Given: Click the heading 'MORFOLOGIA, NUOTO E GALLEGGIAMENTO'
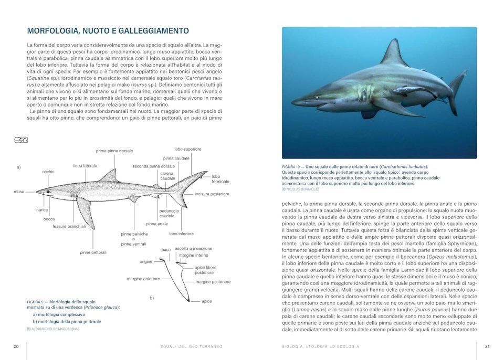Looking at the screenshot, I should [x=108, y=31].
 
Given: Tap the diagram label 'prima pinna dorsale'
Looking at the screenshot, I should [x=114, y=151].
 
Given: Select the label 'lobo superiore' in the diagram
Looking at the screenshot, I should [x=187, y=149].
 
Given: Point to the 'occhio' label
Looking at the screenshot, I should [x=48, y=172].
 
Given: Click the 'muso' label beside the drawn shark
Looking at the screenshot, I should [x=19, y=192].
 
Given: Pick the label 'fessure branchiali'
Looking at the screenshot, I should [x=69, y=226].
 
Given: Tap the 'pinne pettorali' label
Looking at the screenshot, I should [x=93, y=252].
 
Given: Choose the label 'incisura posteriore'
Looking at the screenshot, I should [x=212, y=194].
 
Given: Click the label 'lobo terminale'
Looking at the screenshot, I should [x=220, y=179].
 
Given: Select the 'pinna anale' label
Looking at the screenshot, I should [x=157, y=224].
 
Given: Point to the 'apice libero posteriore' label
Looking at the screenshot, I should [x=205, y=270].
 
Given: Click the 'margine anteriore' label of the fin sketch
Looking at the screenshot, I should [x=143, y=279].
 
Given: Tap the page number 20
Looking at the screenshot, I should [x=16, y=346].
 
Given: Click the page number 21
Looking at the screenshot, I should [x=487, y=346].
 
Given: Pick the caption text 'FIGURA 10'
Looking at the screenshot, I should [x=292, y=166].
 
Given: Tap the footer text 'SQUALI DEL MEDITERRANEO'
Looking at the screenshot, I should [x=191, y=346].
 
